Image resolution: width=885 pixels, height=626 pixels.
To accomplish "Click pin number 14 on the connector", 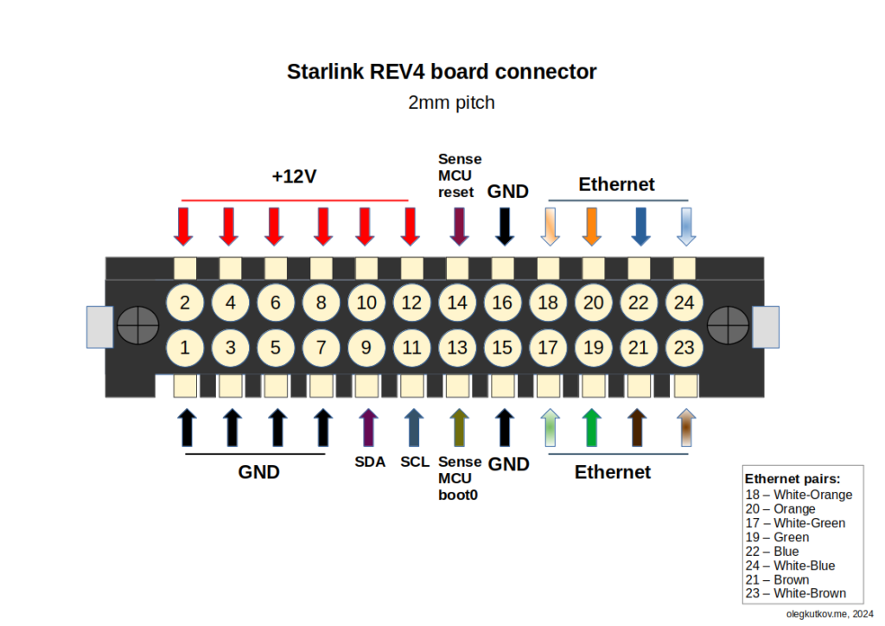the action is click(457, 303).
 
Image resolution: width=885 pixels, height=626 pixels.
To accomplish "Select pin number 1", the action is click(185, 347).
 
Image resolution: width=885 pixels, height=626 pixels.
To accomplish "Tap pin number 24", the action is click(684, 303).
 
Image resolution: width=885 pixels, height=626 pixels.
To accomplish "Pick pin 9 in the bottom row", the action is click(366, 347).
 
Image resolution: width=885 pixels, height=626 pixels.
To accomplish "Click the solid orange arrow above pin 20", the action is click(591, 227).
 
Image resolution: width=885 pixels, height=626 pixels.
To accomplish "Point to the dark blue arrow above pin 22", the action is click(640, 227).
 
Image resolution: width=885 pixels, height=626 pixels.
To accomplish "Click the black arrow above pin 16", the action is click(505, 227).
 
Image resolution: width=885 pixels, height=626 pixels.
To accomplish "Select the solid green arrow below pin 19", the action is click(591, 427).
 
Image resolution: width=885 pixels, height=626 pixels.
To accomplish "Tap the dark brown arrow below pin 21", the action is click(637, 427).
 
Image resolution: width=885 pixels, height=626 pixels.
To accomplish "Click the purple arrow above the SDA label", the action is click(368, 427).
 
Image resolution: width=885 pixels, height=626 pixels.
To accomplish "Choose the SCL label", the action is click(415, 462).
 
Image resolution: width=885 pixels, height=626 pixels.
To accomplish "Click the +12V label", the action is click(294, 176).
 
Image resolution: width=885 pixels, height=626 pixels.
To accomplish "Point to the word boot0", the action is click(458, 495).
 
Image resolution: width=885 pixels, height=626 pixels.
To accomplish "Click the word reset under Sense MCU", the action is click(456, 193).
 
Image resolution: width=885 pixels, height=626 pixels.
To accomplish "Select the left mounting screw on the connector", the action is click(137, 325).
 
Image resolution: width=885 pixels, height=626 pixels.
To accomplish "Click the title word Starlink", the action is click(325, 72).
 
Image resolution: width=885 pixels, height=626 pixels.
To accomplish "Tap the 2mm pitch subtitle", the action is click(451, 103).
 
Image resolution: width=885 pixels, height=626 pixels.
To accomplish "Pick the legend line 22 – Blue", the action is click(772, 552).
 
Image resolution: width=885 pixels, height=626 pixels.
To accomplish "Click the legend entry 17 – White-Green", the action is click(795, 523).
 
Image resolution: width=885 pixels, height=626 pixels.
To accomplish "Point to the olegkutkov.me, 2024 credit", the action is click(830, 614).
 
